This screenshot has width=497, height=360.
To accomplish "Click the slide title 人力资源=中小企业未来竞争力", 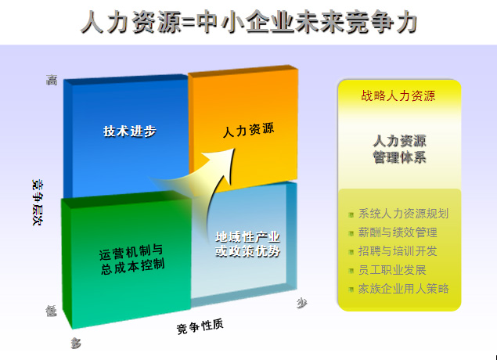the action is tap(249, 22).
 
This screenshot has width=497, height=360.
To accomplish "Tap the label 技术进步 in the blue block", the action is tap(130, 131).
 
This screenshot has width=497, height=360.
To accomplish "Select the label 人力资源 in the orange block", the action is tap(248, 130).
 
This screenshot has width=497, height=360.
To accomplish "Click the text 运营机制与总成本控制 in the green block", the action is tap(131, 260).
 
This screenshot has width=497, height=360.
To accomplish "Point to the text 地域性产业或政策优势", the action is tap(247, 244).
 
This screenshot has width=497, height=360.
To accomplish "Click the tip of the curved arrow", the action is tap(235, 149).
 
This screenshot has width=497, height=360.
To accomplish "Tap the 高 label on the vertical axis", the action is tap(52, 80).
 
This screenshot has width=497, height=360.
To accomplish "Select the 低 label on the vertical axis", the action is tap(52, 311).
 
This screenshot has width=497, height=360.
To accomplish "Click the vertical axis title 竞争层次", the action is tap(38, 202).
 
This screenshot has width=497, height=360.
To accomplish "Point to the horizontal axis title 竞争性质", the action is tap(200, 326).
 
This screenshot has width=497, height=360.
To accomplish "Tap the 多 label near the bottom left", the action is tap(76, 343).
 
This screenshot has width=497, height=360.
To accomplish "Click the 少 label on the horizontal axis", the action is tap(302, 304).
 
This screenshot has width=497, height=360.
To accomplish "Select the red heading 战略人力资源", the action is tap(398, 95).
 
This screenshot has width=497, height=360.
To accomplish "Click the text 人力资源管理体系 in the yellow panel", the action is tap(399, 149).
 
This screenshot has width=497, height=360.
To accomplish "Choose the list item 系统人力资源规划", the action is tap(403, 214).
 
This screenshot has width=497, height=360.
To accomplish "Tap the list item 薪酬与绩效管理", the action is tap(398, 232).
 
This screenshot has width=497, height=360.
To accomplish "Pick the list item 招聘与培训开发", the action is tap(398, 251).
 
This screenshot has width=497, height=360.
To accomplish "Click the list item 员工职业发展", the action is tap(392, 270).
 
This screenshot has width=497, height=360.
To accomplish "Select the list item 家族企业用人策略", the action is tap(404, 289).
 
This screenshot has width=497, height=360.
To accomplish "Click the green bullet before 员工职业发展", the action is tap(351, 271).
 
